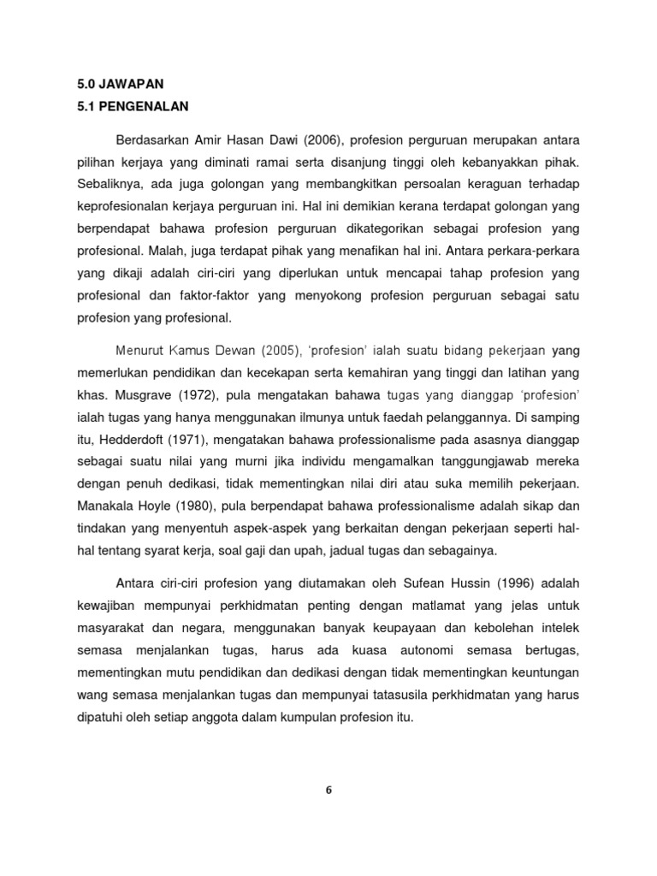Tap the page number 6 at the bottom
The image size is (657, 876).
(328, 790)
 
